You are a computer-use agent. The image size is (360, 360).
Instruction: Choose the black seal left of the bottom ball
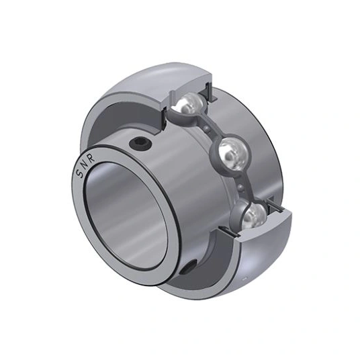click(236, 225)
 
